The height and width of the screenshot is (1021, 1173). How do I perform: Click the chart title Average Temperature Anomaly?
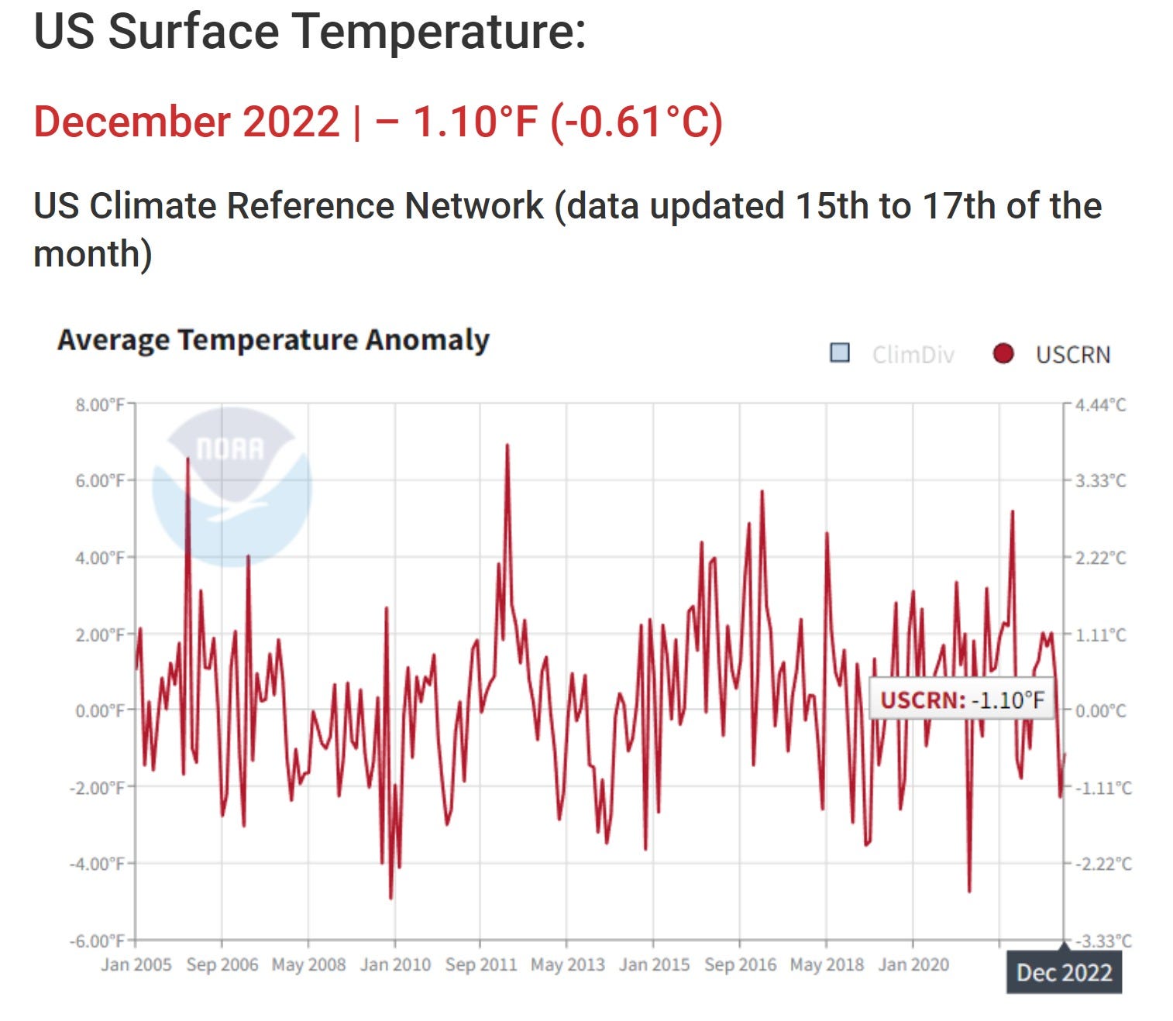tap(273, 340)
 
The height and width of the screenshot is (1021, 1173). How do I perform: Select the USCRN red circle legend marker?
tap(1003, 353)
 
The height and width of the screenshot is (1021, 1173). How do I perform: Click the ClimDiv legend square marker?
tap(839, 353)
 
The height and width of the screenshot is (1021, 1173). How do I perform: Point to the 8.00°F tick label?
tap(99, 404)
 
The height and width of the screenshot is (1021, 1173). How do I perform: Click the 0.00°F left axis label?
tap(99, 710)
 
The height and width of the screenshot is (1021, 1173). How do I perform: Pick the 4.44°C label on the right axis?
tap(1100, 404)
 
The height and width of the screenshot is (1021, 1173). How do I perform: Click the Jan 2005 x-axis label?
tap(136, 964)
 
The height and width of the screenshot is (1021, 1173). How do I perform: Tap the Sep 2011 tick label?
tap(480, 964)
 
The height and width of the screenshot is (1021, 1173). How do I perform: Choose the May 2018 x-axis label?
tap(826, 964)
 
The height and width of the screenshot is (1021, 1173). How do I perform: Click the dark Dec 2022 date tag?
tap(1064, 972)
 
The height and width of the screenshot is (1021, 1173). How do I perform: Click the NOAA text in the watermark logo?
tap(230, 449)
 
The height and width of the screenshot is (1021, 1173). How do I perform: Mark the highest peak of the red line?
tap(507, 445)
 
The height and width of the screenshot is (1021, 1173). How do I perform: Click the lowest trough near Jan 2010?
tap(390, 898)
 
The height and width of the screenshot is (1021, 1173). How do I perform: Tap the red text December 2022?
tap(187, 122)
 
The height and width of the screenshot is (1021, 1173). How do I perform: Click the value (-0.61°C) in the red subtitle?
tap(637, 122)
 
